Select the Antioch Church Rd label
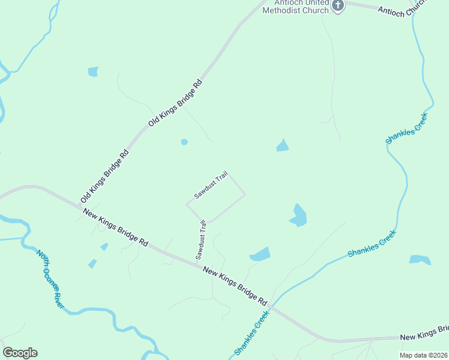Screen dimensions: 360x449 click(401, 8)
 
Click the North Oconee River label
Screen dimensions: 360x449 click(50, 279)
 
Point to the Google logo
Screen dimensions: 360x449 click(20, 353)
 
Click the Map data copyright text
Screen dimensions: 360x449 click(423, 355)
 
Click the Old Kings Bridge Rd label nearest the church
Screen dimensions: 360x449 click(176, 102)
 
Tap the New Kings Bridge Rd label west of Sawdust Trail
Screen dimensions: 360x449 click(115, 225)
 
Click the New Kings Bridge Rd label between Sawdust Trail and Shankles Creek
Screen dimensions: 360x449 click(235, 285)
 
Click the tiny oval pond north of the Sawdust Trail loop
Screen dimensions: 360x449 click(184, 142)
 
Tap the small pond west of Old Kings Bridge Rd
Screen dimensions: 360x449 click(93, 71)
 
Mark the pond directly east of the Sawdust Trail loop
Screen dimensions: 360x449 click(298, 215)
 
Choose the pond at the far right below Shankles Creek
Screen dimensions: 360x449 click(420, 260)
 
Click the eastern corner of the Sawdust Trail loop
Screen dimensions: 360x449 click(245, 194)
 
